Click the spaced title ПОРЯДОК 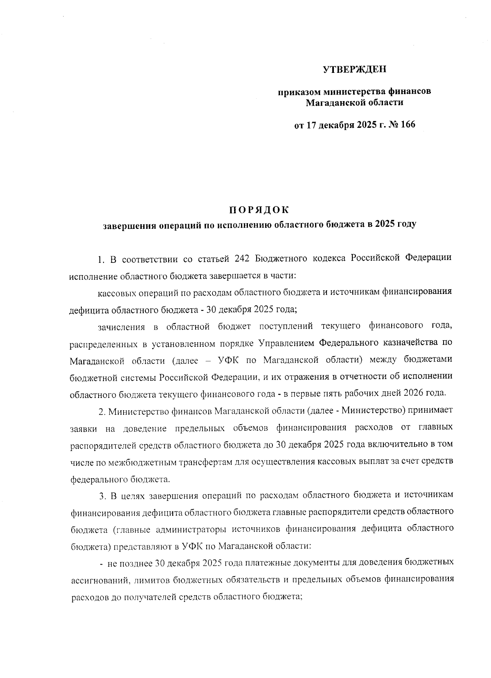[258, 210]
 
